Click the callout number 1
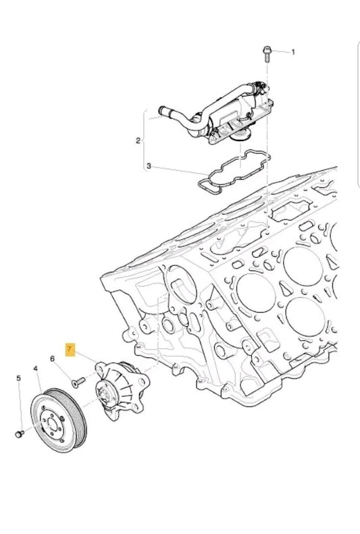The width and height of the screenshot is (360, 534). point(293,51)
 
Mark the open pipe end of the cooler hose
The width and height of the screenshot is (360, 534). point(162,109)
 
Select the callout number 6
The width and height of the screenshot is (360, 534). point(51,358)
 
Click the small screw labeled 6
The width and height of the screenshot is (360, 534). point(76,381)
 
